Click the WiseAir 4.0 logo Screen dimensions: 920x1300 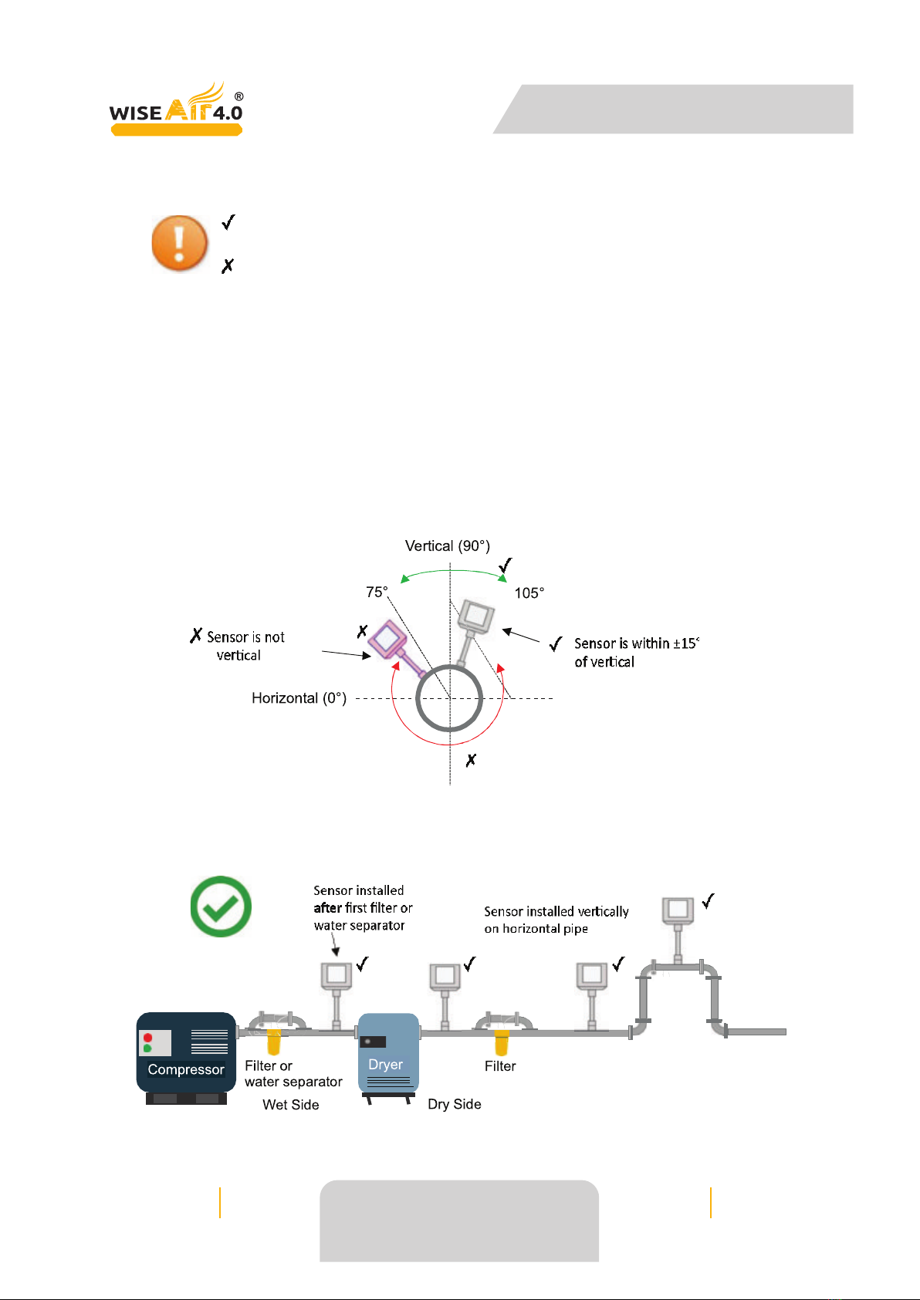click(176, 109)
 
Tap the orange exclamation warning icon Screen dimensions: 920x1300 click(179, 243)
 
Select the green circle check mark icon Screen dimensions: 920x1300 click(221, 906)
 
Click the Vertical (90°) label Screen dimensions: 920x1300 click(448, 546)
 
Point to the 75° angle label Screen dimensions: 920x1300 click(377, 592)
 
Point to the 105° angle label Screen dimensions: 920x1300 click(529, 593)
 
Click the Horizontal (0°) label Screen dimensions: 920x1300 click(299, 698)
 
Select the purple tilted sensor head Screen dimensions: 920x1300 click(387, 640)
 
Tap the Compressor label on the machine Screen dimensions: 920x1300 click(186, 1069)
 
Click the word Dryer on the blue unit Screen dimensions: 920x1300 click(385, 1065)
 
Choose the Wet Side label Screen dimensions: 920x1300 click(291, 1104)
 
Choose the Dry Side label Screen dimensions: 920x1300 click(455, 1104)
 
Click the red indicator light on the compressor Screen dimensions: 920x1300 click(147, 1037)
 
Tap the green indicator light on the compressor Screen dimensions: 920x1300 click(147, 1048)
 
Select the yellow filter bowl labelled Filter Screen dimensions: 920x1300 click(502, 1043)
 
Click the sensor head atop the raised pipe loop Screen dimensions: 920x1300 click(678, 910)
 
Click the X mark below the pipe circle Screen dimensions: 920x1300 click(471, 760)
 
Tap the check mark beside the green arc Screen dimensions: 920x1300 click(506, 565)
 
